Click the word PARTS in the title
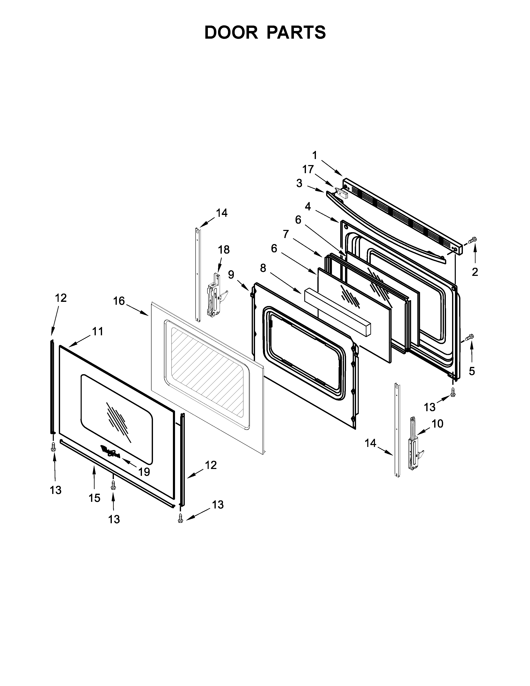point(296,32)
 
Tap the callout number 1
point(315,155)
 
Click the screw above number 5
point(469,337)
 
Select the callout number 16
point(119,301)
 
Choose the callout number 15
point(94,498)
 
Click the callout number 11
point(97,331)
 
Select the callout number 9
point(231,275)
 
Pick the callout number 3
point(299,183)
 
